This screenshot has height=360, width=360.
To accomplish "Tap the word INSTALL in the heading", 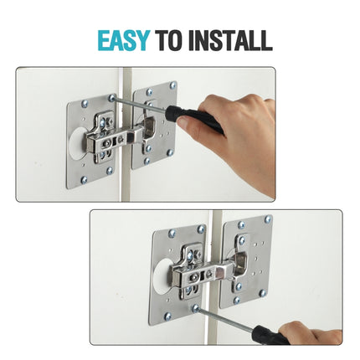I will (230, 40).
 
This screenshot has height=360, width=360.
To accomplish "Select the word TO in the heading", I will (174, 40).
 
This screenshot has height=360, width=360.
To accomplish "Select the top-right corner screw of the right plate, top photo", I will (173, 85).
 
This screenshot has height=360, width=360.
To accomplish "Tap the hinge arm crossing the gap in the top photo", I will (126, 134).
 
